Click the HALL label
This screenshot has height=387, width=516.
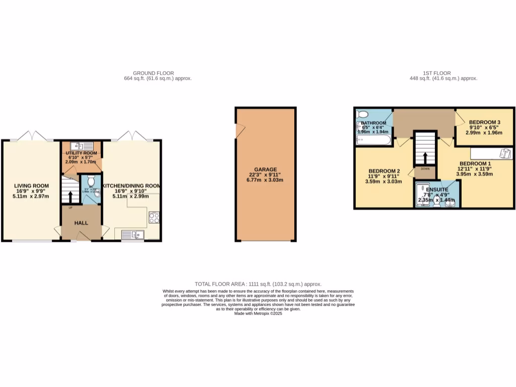coord(81,223)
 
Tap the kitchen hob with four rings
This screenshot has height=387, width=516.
coord(154,218)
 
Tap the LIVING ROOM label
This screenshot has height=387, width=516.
coord(31,186)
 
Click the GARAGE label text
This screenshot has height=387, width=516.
coord(266,170)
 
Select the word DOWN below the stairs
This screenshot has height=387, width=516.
coord(425,169)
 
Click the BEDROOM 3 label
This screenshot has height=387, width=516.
coord(484,122)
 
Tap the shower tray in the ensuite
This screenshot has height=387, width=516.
coord(422,194)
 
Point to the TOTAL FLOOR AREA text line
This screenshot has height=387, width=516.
coord(258,284)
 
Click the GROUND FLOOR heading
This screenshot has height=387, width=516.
coord(157,73)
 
